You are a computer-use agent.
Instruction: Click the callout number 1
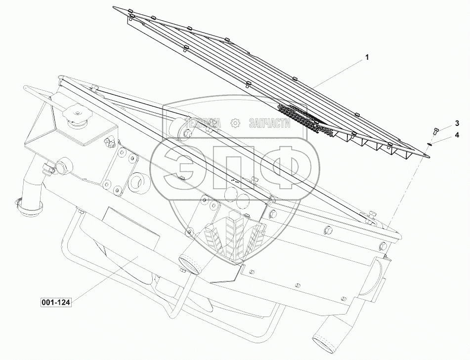coord(367,57)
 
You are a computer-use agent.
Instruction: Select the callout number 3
coord(457,123)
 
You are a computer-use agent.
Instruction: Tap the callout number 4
coord(457,135)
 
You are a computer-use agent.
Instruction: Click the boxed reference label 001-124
coord(55,303)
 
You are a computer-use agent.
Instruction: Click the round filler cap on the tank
coord(77,115)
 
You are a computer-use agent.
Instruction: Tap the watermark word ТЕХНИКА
coord(203,123)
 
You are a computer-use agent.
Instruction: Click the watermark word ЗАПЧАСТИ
coord(269,123)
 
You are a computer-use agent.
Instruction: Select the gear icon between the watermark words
coord(235,123)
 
